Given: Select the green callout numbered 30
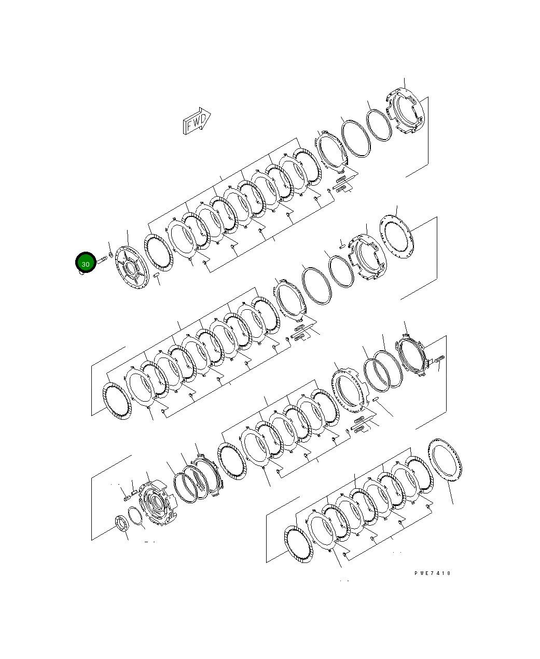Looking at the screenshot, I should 86,264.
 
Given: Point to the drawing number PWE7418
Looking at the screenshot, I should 433,573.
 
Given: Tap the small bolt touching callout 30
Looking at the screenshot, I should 101,258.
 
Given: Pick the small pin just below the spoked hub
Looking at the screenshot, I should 157,274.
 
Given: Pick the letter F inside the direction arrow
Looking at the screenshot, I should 190,125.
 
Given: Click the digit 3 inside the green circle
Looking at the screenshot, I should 83,264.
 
